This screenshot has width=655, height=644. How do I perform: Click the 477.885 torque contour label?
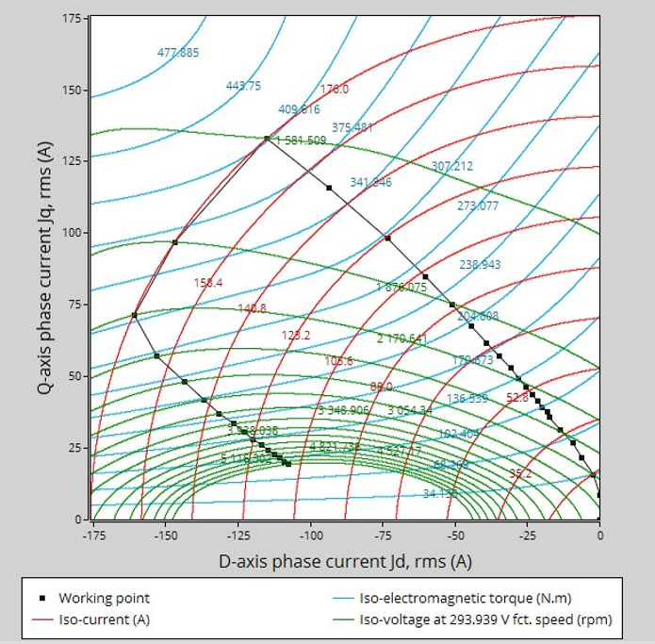tap(178, 53)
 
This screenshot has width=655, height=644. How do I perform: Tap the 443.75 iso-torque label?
tap(243, 86)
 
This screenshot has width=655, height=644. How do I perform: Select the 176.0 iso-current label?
tap(335, 90)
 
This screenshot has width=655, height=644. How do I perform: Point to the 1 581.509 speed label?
tap(301, 140)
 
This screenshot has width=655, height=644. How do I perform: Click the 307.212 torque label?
tap(452, 166)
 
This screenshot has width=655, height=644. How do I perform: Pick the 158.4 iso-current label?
tap(207, 282)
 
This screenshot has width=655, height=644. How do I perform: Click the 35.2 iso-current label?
tap(520, 473)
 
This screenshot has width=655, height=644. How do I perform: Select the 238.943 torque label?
tap(480, 265)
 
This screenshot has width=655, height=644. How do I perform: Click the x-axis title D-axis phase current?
tap(345, 562)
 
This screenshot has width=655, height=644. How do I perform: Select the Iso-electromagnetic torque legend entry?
tap(466, 598)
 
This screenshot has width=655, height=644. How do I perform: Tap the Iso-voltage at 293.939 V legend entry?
tap(486, 619)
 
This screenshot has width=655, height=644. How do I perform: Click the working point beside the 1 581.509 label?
tap(267, 139)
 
